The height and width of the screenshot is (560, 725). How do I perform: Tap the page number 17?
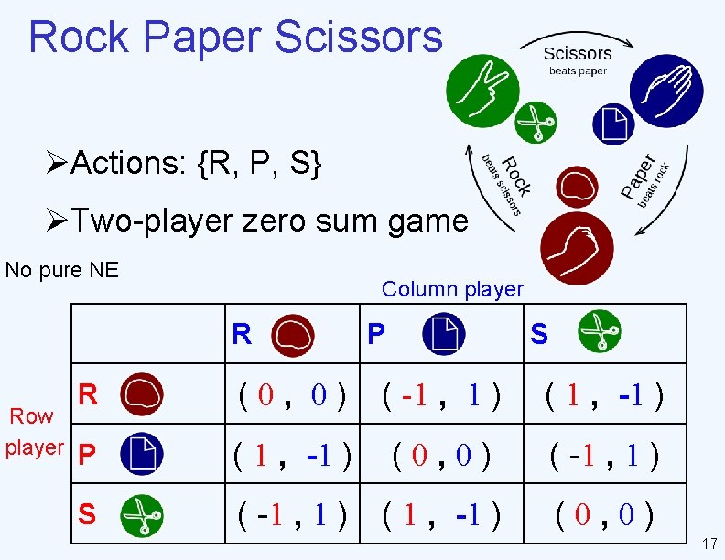(x=708, y=543)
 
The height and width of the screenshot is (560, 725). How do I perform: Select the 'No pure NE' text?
(x=62, y=270)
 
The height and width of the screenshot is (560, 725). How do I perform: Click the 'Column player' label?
(x=452, y=289)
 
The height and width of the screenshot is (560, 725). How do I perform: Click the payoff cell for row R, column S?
(x=604, y=396)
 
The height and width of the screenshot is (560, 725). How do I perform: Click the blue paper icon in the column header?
(x=443, y=334)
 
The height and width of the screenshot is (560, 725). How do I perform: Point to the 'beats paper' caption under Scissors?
(x=578, y=71)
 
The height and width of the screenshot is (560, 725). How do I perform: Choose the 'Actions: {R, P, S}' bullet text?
(x=196, y=164)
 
